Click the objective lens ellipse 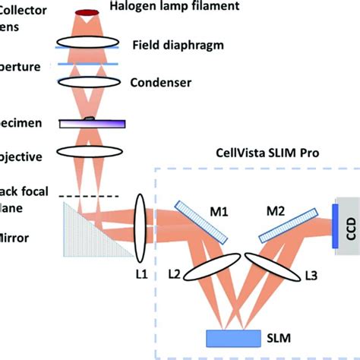[x=91, y=156]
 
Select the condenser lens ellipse [x=90, y=81]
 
